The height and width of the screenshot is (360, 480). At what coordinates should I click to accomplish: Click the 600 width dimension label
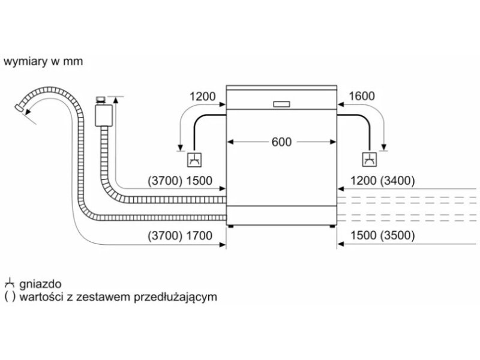coord(281,142)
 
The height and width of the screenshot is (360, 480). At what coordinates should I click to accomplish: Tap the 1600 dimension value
coord(362,96)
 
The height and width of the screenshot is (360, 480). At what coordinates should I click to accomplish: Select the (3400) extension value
coord(397,181)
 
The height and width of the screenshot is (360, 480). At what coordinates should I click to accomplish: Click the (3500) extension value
coord(397,235)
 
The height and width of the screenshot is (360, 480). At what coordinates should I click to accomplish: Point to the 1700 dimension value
coord(199,236)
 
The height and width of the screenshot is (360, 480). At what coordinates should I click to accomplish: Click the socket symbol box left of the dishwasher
coord(194,159)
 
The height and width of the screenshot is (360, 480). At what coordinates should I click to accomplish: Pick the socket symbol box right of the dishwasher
coord(370,159)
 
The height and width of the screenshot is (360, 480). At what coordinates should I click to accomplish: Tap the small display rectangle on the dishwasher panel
coord(281,104)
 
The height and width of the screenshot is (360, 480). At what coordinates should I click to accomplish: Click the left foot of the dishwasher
coord(231,226)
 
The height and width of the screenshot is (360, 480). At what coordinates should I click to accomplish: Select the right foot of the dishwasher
coord(332,226)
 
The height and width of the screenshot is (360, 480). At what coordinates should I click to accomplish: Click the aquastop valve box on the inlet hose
coord(104,115)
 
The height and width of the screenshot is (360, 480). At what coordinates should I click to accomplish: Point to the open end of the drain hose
coord(20,108)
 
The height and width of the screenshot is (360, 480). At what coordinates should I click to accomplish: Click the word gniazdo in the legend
coord(40,284)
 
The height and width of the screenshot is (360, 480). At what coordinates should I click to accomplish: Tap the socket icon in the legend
coord(10,283)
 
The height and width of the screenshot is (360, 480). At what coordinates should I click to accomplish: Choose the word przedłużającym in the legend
coord(175,297)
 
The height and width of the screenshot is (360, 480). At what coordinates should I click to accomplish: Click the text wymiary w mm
coord(43,61)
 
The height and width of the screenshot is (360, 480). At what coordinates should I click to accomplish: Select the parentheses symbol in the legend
coord(10,297)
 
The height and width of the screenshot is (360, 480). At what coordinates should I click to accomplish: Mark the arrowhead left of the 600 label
coord(230,142)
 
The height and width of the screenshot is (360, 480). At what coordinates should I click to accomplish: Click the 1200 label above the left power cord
coord(202,97)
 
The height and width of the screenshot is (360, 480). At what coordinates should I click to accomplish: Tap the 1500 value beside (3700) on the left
coord(199,181)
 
